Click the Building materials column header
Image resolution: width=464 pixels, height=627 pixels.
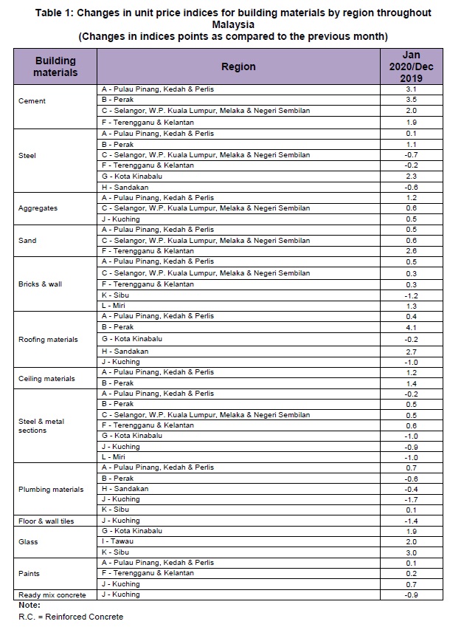point(55,66)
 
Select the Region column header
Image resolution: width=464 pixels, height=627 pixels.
point(238,66)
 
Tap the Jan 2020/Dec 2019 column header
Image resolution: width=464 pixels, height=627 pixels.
point(411,66)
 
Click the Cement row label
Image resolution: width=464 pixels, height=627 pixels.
point(32,101)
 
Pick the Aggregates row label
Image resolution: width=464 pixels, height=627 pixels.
point(38,208)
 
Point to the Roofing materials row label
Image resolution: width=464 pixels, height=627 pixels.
point(48,340)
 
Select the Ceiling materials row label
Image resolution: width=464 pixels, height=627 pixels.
point(46,379)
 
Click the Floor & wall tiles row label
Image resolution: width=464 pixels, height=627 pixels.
point(46,521)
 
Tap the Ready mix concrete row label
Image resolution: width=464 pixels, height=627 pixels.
point(52,595)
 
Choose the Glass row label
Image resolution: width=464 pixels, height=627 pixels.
point(29,542)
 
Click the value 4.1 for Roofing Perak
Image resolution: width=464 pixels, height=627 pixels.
point(411,327)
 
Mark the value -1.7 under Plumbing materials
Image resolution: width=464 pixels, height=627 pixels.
point(411,500)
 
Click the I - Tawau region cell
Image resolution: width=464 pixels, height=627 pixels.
point(119,541)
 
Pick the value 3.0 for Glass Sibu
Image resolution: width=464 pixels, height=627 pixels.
point(411,552)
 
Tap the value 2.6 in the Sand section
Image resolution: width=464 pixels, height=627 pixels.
point(411,251)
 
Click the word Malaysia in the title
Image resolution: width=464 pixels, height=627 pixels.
point(232,24)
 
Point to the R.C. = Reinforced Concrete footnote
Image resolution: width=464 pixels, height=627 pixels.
point(71,617)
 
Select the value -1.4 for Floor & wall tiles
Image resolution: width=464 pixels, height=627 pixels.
point(411,521)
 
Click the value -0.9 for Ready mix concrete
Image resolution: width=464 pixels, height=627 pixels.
point(411,595)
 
